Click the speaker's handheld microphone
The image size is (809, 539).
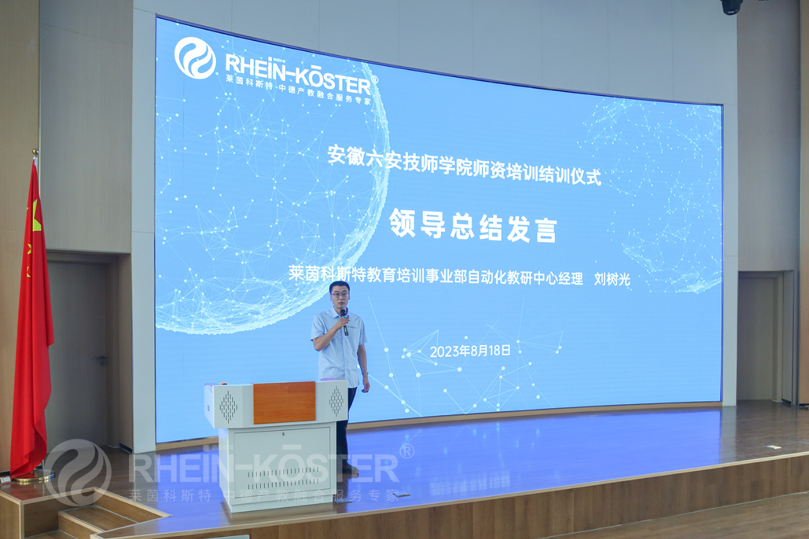pos(344,322)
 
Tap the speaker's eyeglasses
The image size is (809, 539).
pos(340,294)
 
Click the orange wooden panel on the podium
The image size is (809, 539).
pos(284,402)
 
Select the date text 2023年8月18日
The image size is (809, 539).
pos(470,351)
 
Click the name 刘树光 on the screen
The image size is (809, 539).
pos(612,279)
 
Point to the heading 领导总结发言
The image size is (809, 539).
pos(473,226)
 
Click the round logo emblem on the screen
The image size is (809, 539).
pos(195,58)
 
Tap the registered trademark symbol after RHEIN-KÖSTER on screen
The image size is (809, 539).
pos(375,80)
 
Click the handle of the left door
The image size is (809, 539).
pos(101,359)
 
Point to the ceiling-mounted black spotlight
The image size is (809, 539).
pos(731,6)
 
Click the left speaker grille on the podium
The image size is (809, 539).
pos(228,407)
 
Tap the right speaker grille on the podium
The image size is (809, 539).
pos(336,401)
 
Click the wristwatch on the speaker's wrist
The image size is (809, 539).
pos(365,373)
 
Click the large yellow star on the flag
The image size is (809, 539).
pos(36,217)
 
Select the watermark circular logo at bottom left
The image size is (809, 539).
pos(78,472)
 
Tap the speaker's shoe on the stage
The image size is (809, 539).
pos(350,469)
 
